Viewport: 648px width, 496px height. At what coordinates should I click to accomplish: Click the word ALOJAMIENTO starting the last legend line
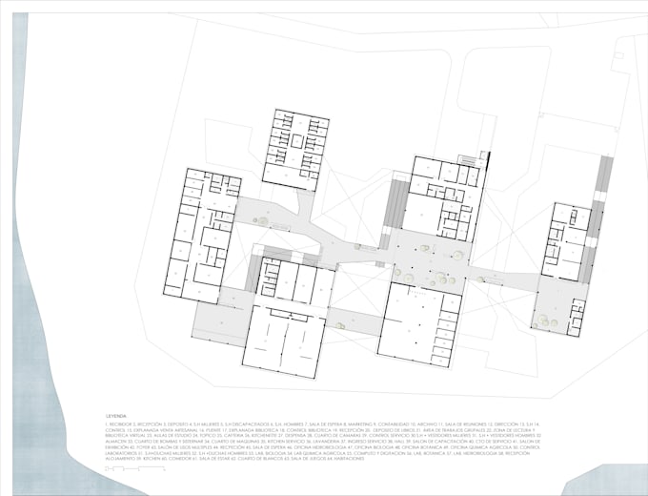(120, 459)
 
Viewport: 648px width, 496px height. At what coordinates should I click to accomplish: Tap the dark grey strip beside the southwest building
(253, 275)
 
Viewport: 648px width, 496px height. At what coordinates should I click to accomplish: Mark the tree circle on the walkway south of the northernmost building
(262, 222)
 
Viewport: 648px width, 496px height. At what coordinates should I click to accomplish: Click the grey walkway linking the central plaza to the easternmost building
(505, 279)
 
